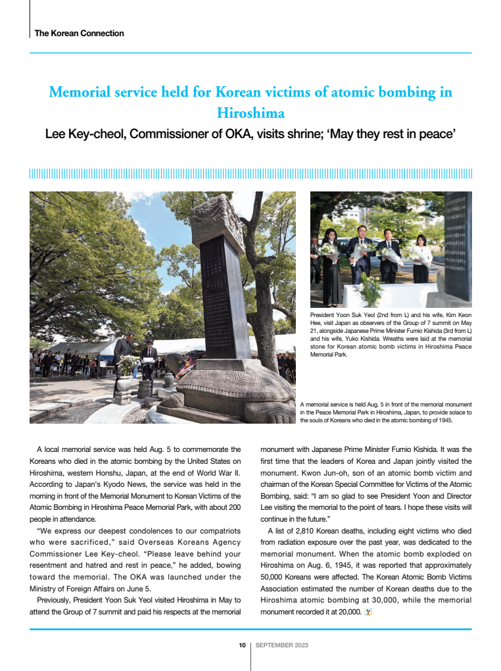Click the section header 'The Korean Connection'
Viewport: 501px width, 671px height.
[79, 33]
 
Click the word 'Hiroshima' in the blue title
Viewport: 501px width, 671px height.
[251, 112]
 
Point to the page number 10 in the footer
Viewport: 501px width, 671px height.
[242, 645]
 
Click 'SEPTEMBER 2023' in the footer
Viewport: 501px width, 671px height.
[281, 645]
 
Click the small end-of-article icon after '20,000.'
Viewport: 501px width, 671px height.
[368, 612]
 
